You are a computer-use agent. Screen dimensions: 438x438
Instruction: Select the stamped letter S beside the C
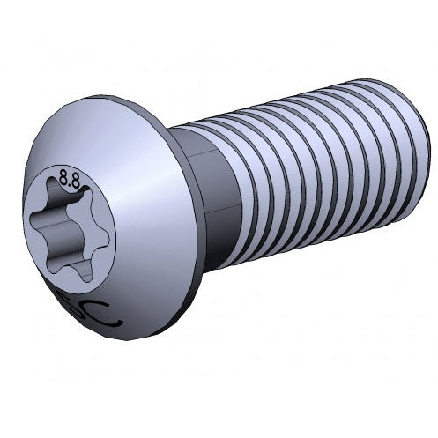(90, 308)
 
